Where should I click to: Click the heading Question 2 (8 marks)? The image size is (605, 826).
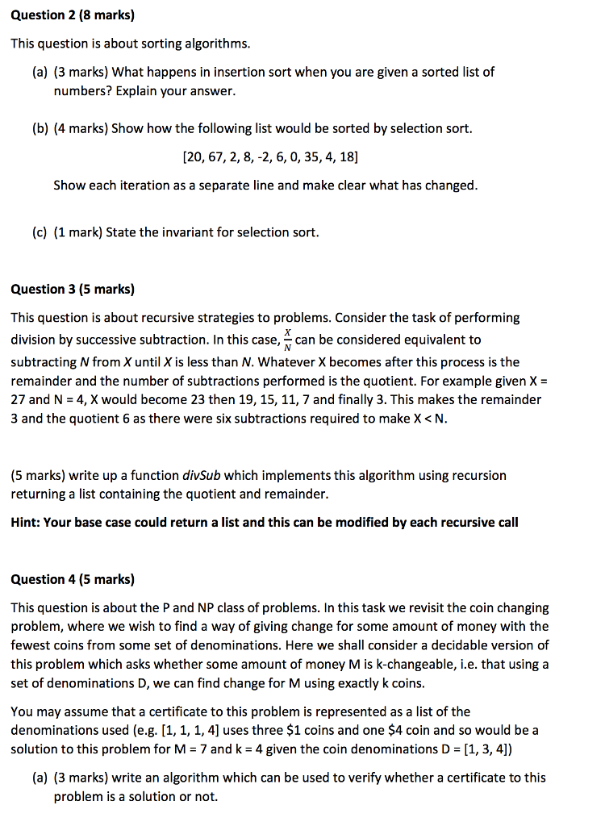[73, 15]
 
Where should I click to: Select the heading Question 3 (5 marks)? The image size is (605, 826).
[73, 289]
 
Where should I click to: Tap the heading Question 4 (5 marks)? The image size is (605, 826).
[73, 579]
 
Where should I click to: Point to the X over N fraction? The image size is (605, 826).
[288, 340]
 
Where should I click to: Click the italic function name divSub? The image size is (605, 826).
[200, 475]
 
